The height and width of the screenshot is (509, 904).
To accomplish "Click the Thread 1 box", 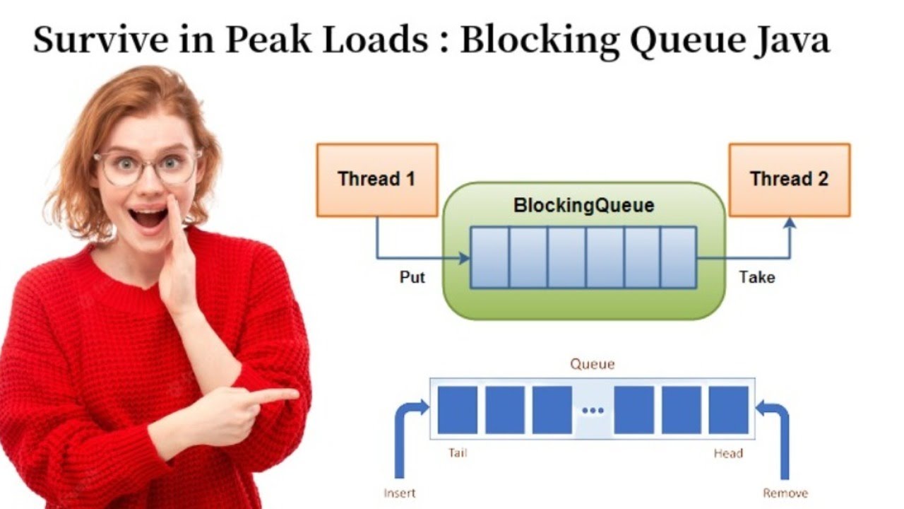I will (x=377, y=180).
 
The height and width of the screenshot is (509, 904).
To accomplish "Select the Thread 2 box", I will (x=789, y=180).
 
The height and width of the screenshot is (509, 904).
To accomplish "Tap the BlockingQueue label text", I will (x=583, y=206).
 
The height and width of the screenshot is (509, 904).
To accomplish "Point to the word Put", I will (x=412, y=277).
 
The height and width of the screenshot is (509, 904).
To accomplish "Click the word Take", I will (x=756, y=277).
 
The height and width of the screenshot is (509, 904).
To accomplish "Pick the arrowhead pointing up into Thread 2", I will (x=790, y=223).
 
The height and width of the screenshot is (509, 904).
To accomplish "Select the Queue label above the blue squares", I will (x=592, y=364).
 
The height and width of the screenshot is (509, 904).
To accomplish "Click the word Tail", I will (x=457, y=452).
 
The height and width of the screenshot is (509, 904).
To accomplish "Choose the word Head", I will (x=727, y=452).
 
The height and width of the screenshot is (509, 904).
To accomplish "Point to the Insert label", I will (x=399, y=493).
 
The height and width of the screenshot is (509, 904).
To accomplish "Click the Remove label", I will (x=785, y=493).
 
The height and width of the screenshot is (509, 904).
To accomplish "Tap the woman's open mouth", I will (x=148, y=216).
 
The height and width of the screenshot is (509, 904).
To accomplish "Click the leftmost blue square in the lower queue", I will (x=457, y=410).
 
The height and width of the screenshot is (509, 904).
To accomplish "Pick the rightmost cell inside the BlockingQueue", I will (x=678, y=257).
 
